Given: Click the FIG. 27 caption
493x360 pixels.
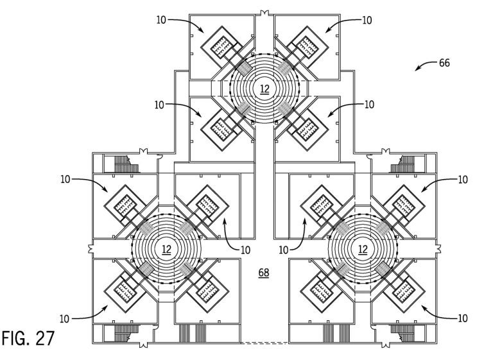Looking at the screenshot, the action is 28,338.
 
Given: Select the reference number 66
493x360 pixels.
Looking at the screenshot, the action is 444,63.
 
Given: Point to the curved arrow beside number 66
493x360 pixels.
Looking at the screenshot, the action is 426,65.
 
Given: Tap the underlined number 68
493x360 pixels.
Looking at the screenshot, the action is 264,272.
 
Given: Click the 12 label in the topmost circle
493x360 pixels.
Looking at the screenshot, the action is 264,89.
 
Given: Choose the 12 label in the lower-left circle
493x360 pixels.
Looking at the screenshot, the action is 166,250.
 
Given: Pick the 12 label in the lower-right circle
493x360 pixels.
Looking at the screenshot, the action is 363,250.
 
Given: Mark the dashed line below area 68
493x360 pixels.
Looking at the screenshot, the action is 264,343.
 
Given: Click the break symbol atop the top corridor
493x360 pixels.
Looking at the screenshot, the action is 264,13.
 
